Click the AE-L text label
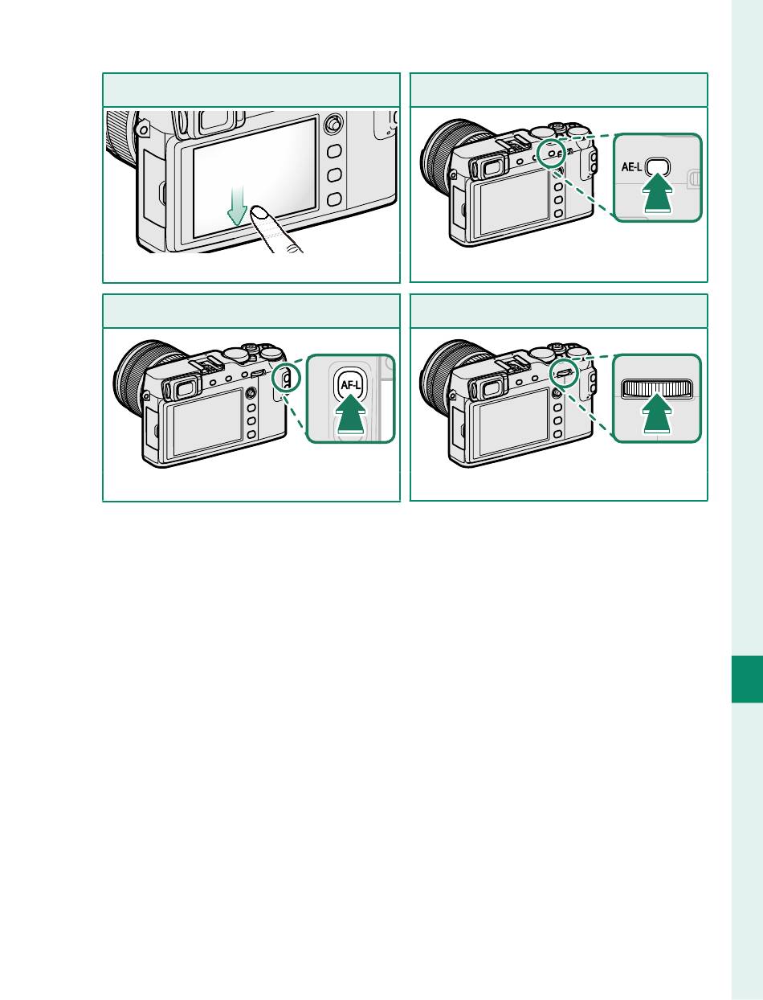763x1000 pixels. tap(631, 167)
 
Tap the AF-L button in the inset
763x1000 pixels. tap(350, 385)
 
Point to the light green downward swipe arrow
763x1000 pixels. tap(237, 206)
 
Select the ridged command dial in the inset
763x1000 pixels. tap(657, 388)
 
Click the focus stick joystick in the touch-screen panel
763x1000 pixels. tap(334, 123)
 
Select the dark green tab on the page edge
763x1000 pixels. tap(747, 679)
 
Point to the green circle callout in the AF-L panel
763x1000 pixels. tap(287, 377)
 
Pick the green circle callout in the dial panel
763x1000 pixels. tap(564, 373)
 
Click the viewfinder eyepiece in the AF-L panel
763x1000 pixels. tap(178, 387)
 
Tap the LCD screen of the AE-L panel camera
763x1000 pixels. tap(514, 202)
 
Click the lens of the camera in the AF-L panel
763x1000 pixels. tap(139, 378)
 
